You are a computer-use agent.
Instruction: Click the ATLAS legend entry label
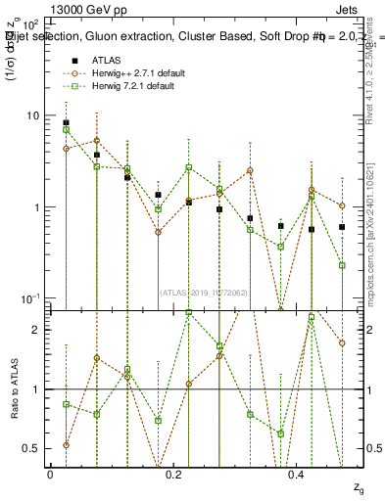tap(106, 60)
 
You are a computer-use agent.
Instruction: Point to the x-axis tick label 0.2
tap(174, 474)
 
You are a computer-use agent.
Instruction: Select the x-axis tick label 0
tap(50, 474)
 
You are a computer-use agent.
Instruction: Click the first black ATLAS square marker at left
tap(66, 123)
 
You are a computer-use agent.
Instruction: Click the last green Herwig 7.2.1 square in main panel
tap(342, 265)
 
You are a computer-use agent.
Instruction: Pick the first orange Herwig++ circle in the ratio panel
tap(66, 444)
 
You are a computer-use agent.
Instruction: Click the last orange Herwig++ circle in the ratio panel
tap(342, 342)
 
